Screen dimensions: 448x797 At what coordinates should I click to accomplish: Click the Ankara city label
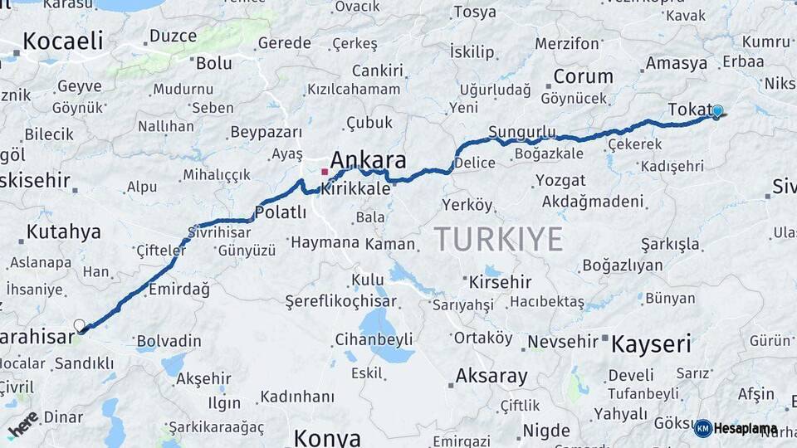[368, 159]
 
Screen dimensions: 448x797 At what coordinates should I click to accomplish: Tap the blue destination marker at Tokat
[717, 111]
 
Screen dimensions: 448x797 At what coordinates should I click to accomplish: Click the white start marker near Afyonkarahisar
[80, 326]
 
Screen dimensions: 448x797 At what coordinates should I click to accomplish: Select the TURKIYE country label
[498, 239]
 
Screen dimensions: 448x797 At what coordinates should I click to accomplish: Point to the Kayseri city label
[651, 344]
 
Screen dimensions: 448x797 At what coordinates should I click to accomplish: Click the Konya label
[327, 437]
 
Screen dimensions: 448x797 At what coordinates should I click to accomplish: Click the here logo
[22, 424]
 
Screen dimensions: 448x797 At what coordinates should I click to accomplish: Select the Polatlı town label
[281, 212]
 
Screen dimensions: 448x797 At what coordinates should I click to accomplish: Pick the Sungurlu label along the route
[521, 132]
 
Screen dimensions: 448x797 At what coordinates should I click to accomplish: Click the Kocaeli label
[62, 41]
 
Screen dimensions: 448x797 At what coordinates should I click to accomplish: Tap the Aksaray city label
[491, 376]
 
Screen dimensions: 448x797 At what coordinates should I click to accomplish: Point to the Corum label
[583, 77]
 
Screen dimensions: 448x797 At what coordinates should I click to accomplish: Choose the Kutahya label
[63, 231]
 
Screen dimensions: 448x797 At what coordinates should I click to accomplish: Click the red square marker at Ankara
[325, 172]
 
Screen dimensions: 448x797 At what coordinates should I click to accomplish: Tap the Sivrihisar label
[219, 231]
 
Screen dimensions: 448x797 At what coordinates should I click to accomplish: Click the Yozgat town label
[560, 180]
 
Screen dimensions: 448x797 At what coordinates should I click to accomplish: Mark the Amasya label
[676, 63]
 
